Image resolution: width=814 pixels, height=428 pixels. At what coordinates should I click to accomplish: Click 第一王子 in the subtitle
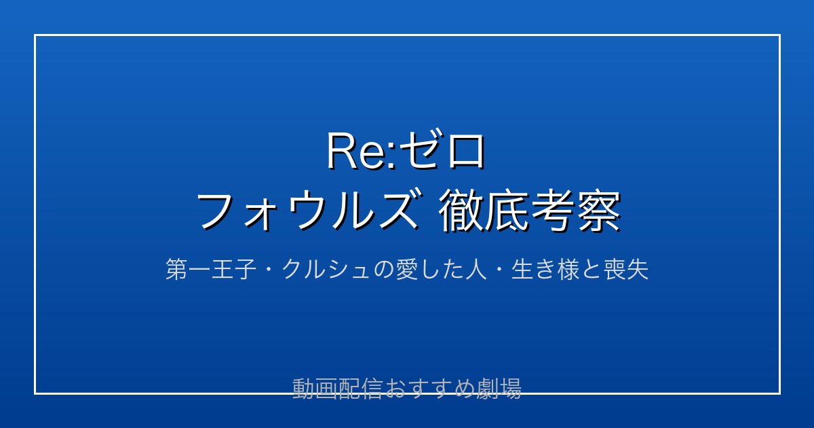point(211,269)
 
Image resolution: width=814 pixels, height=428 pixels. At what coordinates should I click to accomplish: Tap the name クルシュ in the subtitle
point(326,269)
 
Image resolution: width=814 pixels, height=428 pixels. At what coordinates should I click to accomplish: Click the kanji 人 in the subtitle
point(476,269)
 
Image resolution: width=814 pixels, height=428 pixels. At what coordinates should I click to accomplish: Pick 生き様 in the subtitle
point(545,269)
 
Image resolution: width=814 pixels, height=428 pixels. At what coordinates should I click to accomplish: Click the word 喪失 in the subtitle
point(625,269)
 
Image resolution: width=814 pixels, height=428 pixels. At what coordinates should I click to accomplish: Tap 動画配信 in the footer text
point(338,389)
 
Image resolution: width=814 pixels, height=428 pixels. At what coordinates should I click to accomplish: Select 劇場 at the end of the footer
point(499,389)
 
